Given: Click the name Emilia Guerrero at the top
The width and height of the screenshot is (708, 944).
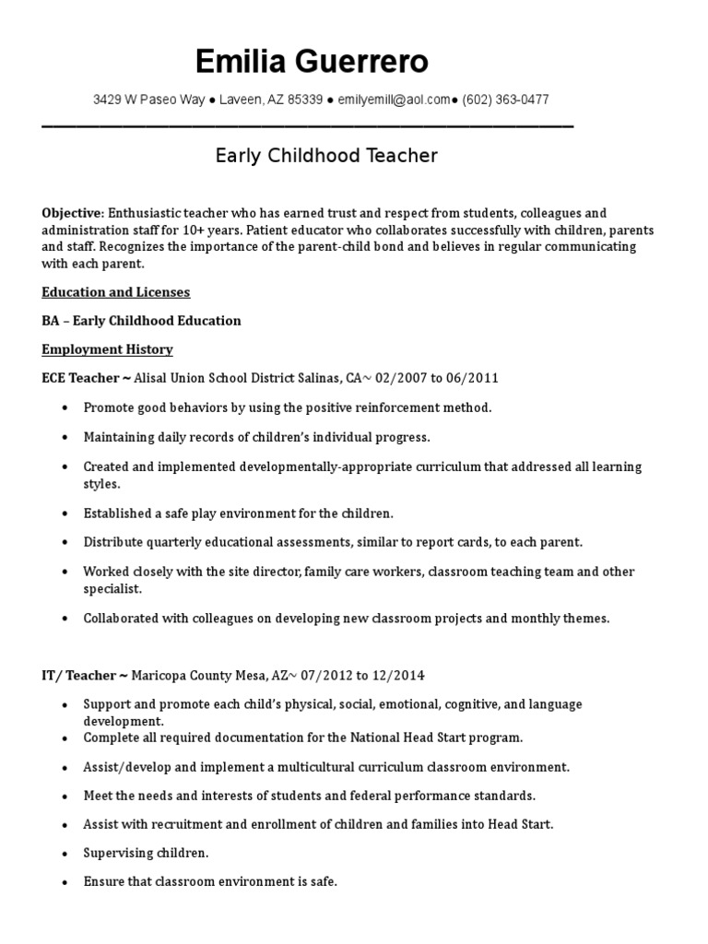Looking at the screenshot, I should click(x=312, y=62).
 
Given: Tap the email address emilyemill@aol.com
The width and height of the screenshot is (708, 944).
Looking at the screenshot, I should click(x=394, y=100).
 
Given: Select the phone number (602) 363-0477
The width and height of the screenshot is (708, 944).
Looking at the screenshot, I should click(x=505, y=100).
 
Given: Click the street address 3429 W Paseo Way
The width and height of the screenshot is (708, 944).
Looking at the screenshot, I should click(x=148, y=100).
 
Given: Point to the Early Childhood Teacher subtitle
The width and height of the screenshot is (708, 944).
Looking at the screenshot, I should click(x=326, y=156).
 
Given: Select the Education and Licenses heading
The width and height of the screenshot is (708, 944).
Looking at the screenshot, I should click(x=115, y=292).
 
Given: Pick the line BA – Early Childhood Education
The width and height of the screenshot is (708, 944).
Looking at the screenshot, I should click(x=141, y=321).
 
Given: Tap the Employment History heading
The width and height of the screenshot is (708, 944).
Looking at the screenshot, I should click(x=107, y=349).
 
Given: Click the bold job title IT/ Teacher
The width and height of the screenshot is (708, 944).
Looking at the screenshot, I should click(x=77, y=676).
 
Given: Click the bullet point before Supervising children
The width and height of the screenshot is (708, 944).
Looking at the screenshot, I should click(x=63, y=853).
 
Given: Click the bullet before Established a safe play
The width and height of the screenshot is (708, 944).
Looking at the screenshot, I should click(x=63, y=513).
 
